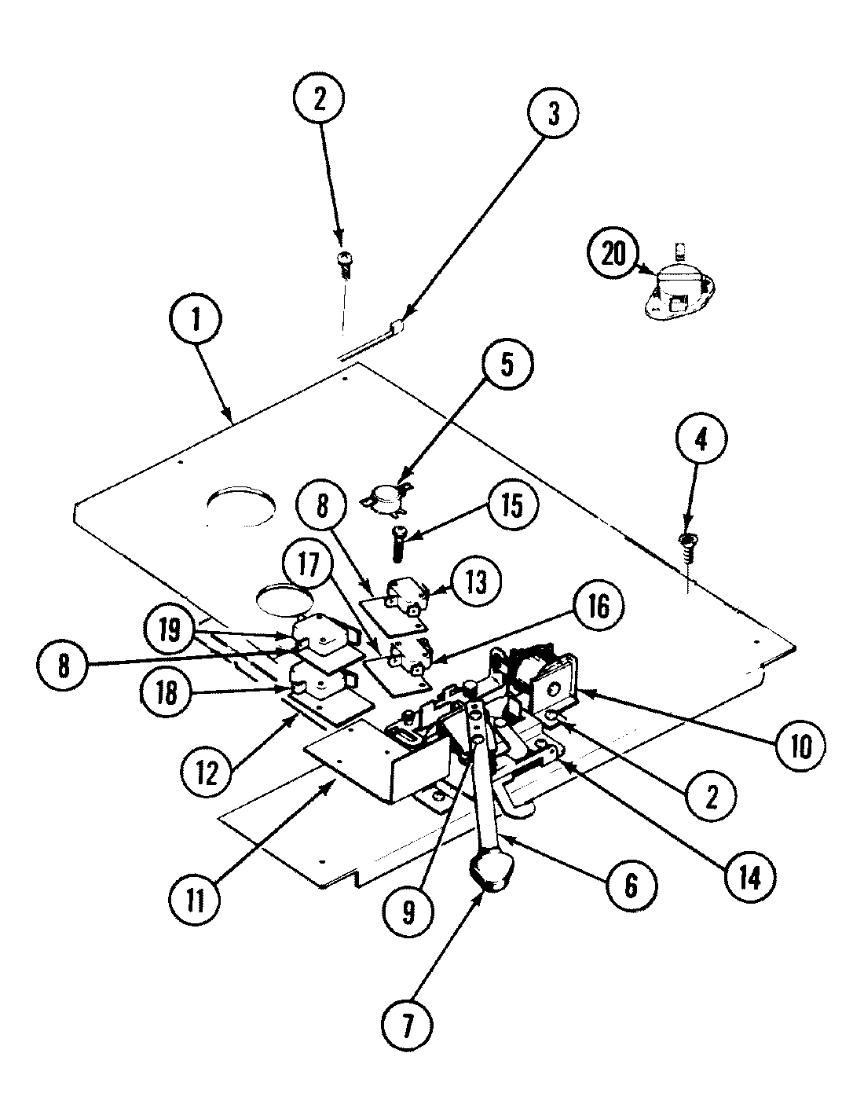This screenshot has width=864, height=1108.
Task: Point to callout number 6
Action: [x=630, y=885]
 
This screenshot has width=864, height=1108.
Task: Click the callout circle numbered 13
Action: [x=474, y=583]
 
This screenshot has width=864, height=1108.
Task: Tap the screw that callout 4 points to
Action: [x=686, y=540]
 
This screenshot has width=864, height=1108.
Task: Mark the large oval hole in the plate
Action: [x=242, y=508]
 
